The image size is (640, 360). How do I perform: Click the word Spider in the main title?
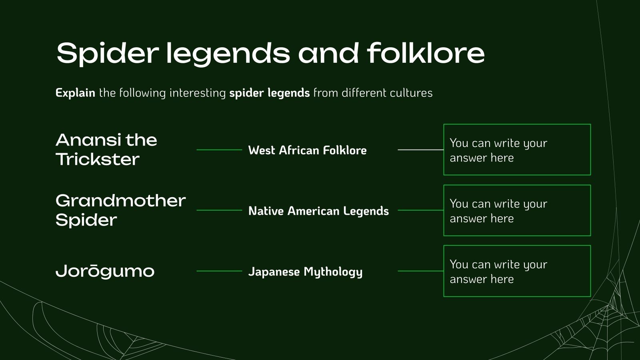[108, 54]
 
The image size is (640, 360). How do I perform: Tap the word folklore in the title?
[426, 53]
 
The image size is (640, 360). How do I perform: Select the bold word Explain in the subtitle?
[76, 93]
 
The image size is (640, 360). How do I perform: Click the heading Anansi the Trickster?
[106, 150]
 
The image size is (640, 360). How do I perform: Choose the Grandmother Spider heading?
[120, 210]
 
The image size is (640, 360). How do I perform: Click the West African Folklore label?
[308, 150]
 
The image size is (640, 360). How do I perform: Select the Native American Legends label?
[318, 211]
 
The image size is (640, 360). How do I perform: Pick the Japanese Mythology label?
[306, 272]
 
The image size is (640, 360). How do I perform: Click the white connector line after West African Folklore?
[420, 150]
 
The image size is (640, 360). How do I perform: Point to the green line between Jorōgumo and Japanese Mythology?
[220, 271]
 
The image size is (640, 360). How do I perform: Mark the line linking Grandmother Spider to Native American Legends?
[220, 210]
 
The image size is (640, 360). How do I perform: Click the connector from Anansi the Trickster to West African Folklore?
[220, 150]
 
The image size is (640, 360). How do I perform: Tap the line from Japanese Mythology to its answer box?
[420, 271]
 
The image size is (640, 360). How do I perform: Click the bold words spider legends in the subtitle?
[270, 93]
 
